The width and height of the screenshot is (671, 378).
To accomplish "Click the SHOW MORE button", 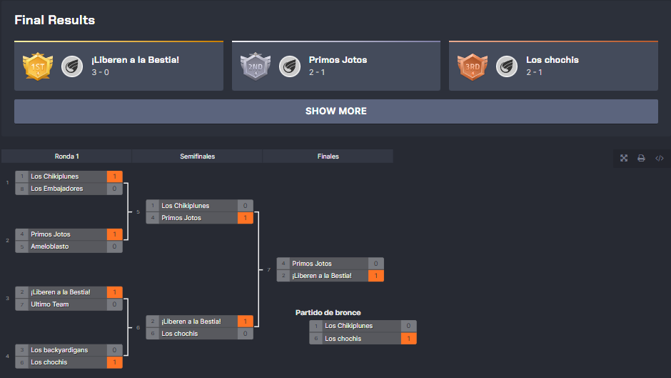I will (335, 111).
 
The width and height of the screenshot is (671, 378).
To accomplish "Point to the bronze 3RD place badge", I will (471, 66).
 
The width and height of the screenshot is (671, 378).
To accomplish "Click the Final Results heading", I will (55, 20).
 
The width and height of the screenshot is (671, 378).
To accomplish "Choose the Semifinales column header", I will (197, 156).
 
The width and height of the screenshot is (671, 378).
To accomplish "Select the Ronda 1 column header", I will (66, 156).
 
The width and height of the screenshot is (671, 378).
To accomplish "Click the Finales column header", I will (328, 156).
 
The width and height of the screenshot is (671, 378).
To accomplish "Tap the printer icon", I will (641, 158).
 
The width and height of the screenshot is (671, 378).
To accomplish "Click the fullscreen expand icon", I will (624, 158).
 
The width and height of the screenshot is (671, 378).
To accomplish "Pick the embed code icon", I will (659, 158).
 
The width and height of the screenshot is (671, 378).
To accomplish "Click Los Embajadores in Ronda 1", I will (57, 189).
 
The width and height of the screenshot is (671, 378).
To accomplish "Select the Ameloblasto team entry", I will (51, 247).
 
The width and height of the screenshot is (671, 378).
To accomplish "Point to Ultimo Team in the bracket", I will (50, 304).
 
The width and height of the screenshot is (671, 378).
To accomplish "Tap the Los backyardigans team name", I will (59, 350).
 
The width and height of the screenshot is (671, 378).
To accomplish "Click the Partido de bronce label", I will (328, 312).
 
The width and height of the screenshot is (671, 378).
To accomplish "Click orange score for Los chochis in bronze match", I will (408, 339).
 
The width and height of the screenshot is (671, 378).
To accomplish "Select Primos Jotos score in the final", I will (375, 264).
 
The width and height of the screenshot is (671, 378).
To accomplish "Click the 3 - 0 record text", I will (100, 72).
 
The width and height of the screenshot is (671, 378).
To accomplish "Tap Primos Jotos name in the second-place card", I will (338, 60).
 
